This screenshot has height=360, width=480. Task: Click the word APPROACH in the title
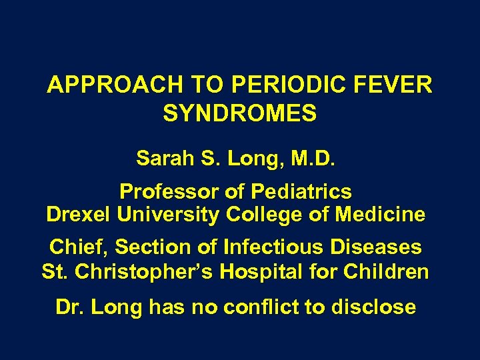coord(116,85)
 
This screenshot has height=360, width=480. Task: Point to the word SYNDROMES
coord(239,113)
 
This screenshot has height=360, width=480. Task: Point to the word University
coord(168,215)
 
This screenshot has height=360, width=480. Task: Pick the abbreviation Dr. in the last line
coord(70,307)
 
